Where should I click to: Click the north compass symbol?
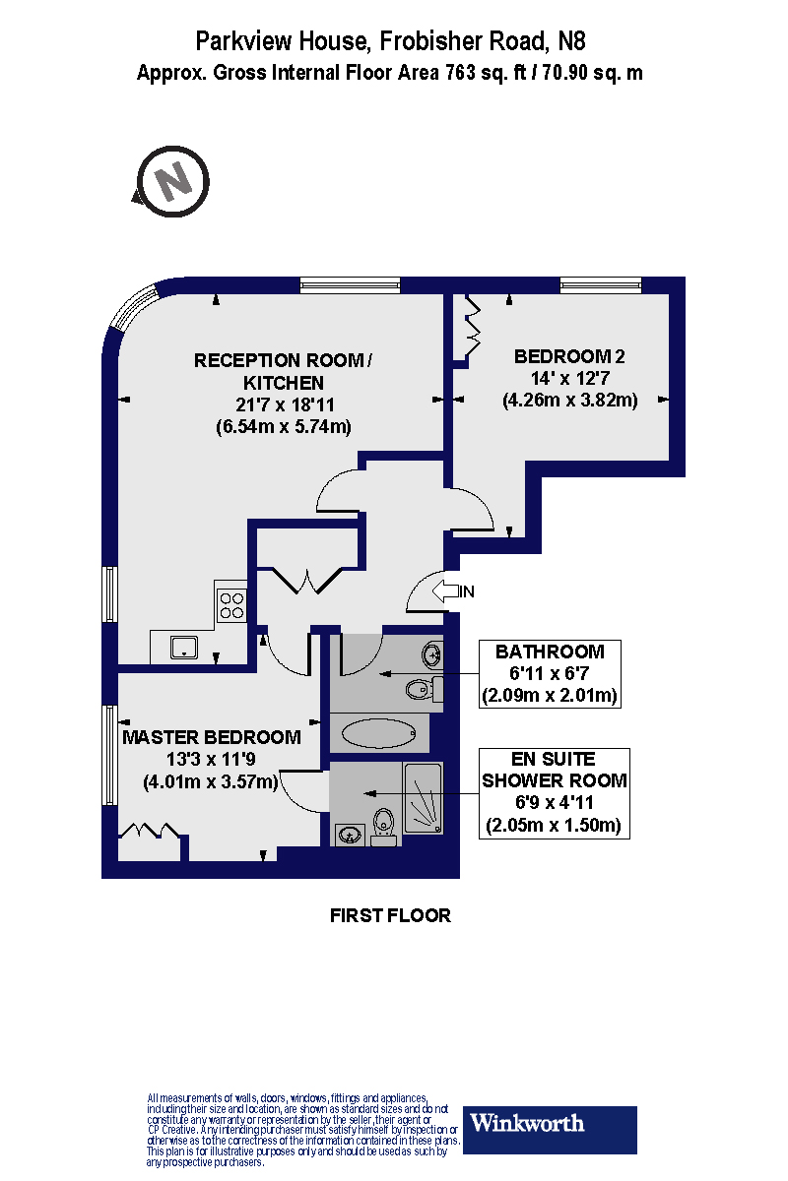tap(173, 181)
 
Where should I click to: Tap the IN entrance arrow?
tap(450, 591)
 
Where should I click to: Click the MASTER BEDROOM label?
tap(211, 737)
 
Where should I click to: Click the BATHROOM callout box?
tap(550, 674)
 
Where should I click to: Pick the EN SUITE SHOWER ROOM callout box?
tap(554, 792)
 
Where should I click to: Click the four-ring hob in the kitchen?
tap(232, 604)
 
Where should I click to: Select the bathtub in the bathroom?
tap(378, 733)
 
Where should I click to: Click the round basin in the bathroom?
tap(431, 653)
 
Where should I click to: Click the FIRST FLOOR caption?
tap(390, 916)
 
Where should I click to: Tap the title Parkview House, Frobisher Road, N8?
tap(390, 41)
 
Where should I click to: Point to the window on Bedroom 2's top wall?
tap(601, 285)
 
